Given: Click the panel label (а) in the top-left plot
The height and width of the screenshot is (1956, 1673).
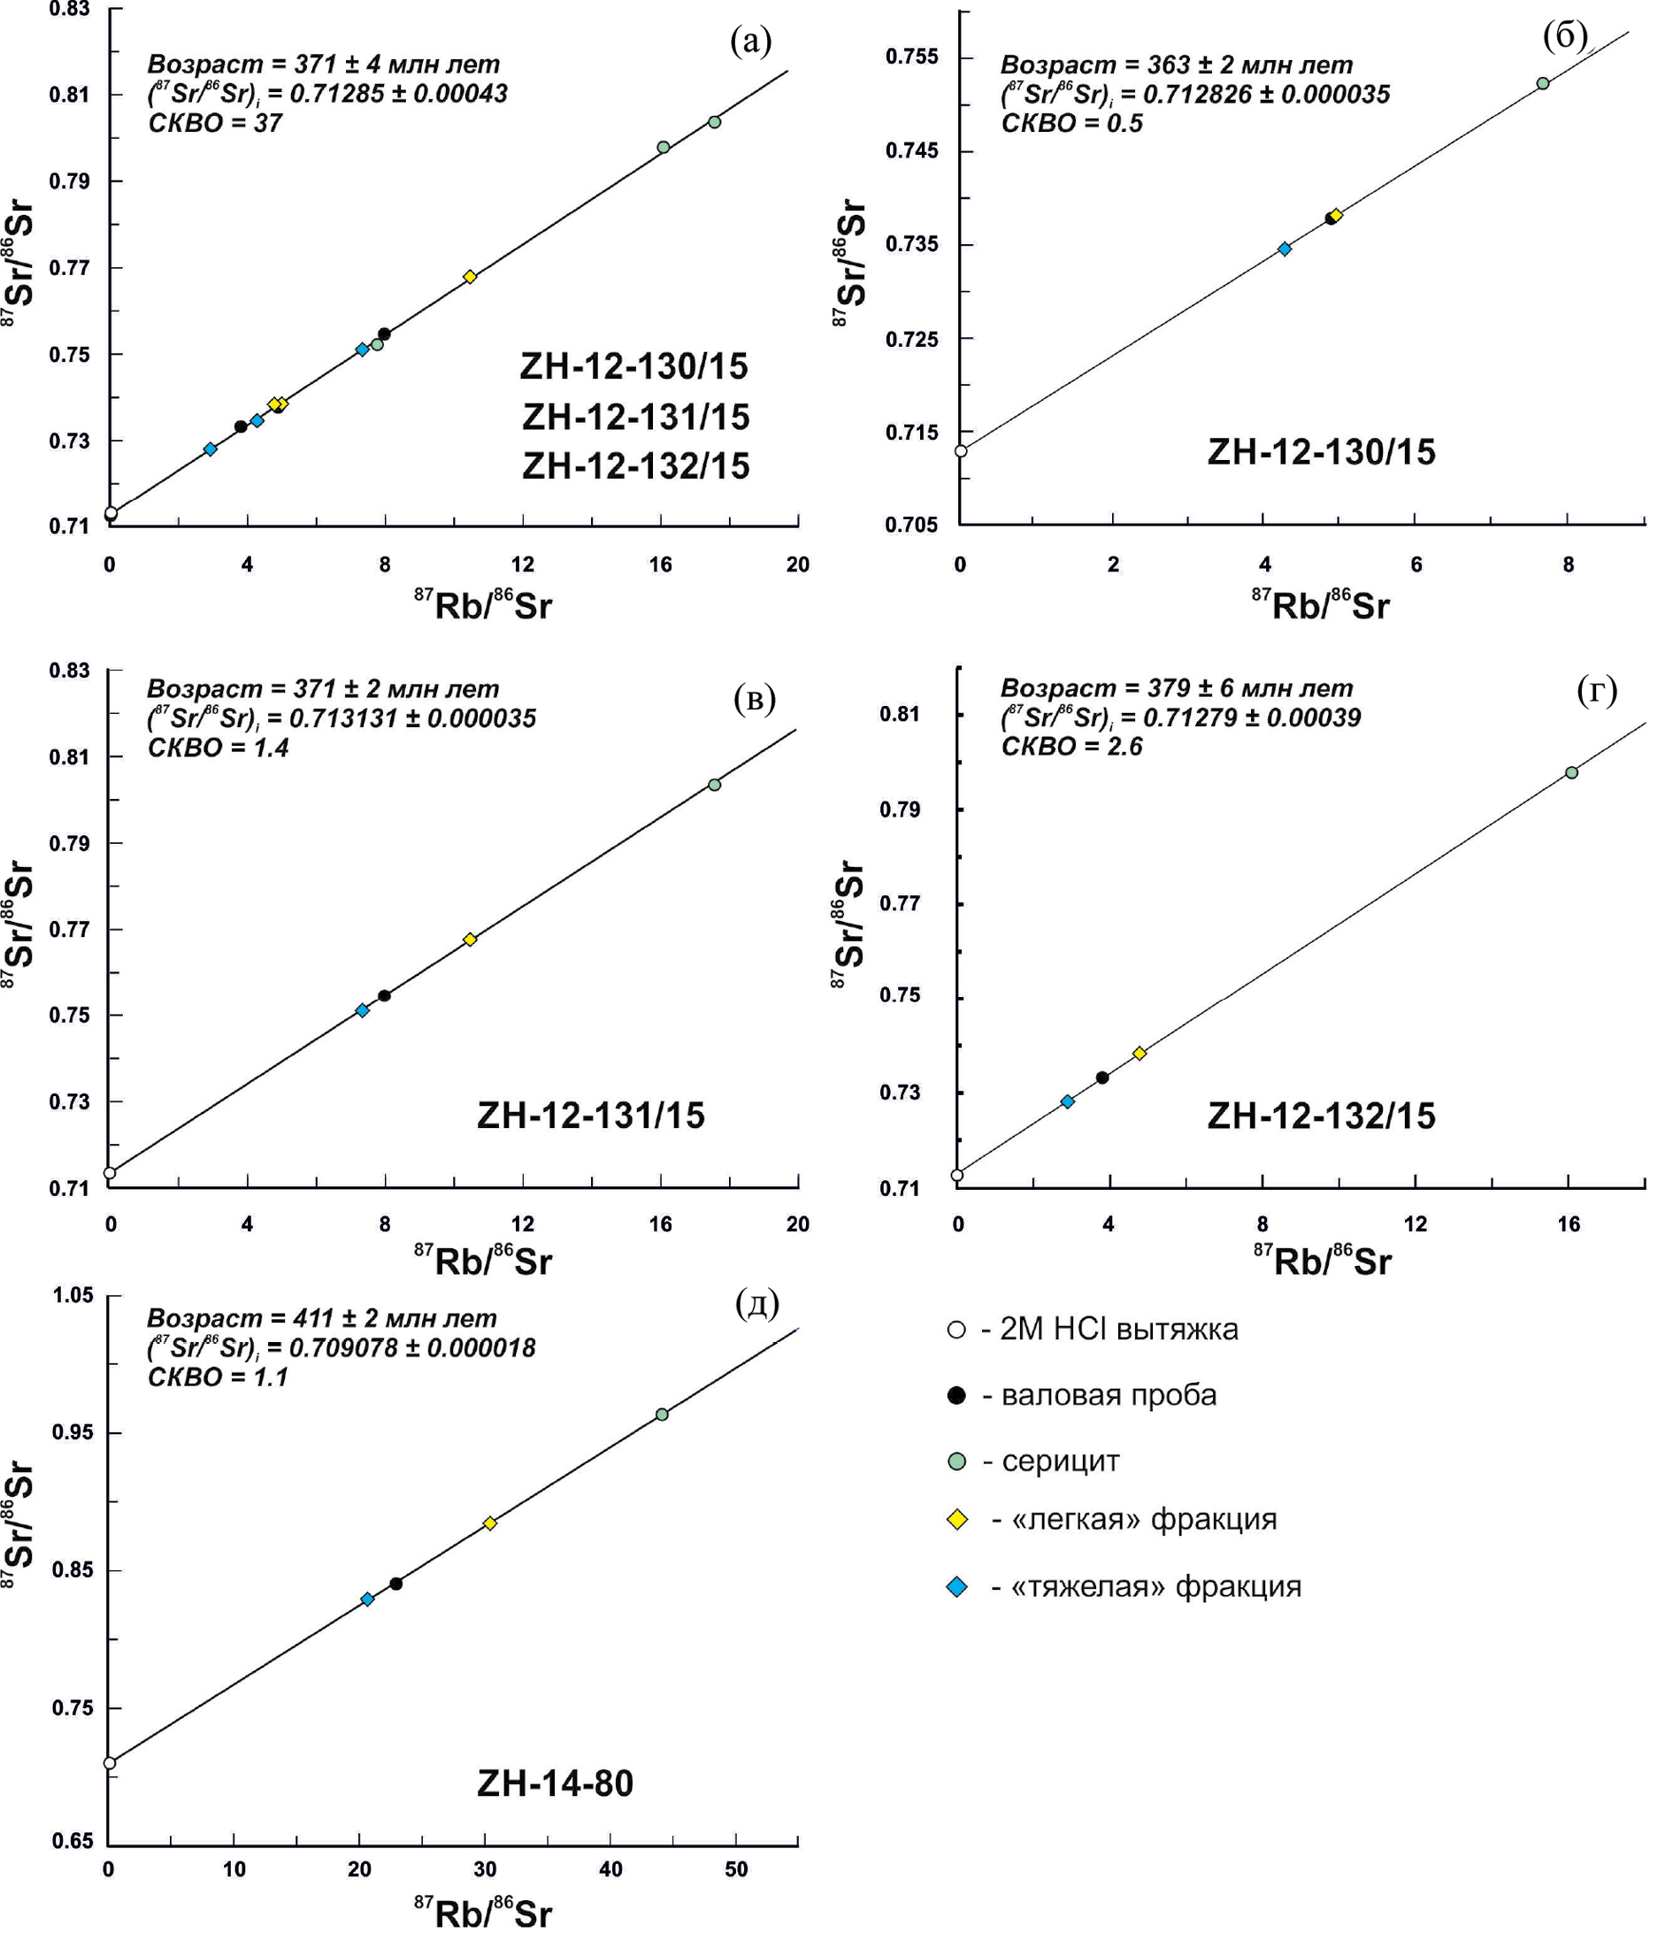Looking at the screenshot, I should click(750, 42).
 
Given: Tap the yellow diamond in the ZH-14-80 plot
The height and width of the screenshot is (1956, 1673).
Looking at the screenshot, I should click(490, 1523).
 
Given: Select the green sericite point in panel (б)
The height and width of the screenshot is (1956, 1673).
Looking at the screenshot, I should click(1543, 83).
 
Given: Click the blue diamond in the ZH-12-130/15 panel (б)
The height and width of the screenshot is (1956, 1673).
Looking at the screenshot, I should click(1284, 249).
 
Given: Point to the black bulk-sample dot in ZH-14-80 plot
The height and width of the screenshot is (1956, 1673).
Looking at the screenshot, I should click(395, 1584).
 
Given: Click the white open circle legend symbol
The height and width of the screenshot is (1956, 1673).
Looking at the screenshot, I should click(956, 1331).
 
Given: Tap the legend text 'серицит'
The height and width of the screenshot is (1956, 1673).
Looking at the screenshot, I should click(1060, 1461).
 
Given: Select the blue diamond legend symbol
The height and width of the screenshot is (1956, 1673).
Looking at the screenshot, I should click(956, 1587).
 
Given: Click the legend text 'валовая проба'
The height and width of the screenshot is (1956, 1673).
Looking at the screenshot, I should click(1109, 1395).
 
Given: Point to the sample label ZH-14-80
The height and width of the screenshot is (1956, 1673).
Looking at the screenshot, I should click(555, 1783).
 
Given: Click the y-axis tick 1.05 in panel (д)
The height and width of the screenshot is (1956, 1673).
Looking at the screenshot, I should click(73, 1295).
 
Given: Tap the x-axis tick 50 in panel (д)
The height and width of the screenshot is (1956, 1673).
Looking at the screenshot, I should click(735, 1869).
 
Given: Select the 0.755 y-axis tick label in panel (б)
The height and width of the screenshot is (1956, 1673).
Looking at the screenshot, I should click(912, 57).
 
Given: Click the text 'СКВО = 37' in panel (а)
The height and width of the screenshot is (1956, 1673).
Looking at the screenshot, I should click(214, 124).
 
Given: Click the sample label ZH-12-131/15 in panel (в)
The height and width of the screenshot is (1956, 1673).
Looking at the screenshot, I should click(591, 1116).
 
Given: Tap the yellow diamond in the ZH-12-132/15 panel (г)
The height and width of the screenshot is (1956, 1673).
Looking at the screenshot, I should click(1140, 1054).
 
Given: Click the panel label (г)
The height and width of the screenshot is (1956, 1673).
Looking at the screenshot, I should click(1597, 691).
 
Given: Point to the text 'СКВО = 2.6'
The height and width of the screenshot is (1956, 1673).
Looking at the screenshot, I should click(1071, 747).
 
